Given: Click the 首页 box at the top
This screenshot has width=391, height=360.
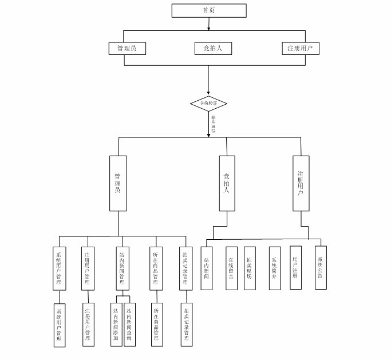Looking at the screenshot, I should click(209, 10).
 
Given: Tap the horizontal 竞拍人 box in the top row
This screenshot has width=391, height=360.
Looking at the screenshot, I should click(208, 48).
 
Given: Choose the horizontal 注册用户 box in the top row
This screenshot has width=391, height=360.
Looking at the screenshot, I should click(300, 48).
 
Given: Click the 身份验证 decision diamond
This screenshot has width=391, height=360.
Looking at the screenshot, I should click(208, 104).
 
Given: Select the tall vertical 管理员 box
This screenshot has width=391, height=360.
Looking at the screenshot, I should click(118, 183).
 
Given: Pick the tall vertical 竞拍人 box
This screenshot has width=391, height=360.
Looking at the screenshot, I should click(227, 183).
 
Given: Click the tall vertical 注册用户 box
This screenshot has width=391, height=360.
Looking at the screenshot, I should click(301, 183).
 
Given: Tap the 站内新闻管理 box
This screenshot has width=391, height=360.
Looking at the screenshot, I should click(121, 267).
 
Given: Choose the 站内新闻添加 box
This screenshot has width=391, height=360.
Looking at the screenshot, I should click(116, 325).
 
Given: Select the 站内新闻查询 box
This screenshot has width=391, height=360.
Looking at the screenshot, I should click(129, 325).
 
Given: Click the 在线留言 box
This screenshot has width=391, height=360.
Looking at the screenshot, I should click(231, 268).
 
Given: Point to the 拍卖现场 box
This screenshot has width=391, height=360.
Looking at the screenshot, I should click(249, 268).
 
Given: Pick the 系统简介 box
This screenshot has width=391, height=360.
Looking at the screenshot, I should click(275, 268).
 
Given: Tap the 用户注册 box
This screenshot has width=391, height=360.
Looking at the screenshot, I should click(295, 268).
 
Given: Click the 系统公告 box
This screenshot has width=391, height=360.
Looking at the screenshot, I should click(321, 268).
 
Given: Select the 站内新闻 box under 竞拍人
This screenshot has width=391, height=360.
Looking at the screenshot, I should click(207, 268).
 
